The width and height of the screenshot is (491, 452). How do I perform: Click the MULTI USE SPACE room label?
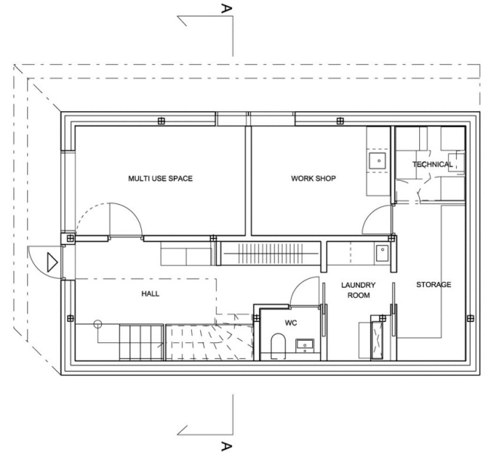[x=160, y=178]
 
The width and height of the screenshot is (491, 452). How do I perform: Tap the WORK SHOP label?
[x=313, y=178]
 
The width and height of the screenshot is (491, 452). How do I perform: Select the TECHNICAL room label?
[x=432, y=164]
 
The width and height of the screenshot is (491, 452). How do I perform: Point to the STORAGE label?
[x=434, y=284]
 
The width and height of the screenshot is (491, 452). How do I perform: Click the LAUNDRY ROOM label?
[x=358, y=290]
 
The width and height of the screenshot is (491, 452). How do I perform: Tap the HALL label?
[x=150, y=293]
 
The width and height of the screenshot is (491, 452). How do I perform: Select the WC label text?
[x=291, y=323]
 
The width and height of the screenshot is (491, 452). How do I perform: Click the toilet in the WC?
[x=278, y=346]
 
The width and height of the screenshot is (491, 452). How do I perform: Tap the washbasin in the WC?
[x=304, y=345]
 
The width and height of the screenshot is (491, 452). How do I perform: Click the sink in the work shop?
[x=377, y=161]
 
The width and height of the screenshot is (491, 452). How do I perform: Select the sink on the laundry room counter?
[x=382, y=253]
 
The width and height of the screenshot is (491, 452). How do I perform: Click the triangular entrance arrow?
[x=52, y=262]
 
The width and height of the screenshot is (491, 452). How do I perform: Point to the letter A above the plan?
[x=226, y=8]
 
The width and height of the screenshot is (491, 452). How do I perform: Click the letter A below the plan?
[x=226, y=446]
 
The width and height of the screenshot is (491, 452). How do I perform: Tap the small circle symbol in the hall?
[x=97, y=324]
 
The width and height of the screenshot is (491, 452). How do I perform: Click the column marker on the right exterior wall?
[x=470, y=318]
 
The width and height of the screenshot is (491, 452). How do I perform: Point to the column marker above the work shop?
[x=340, y=121]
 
